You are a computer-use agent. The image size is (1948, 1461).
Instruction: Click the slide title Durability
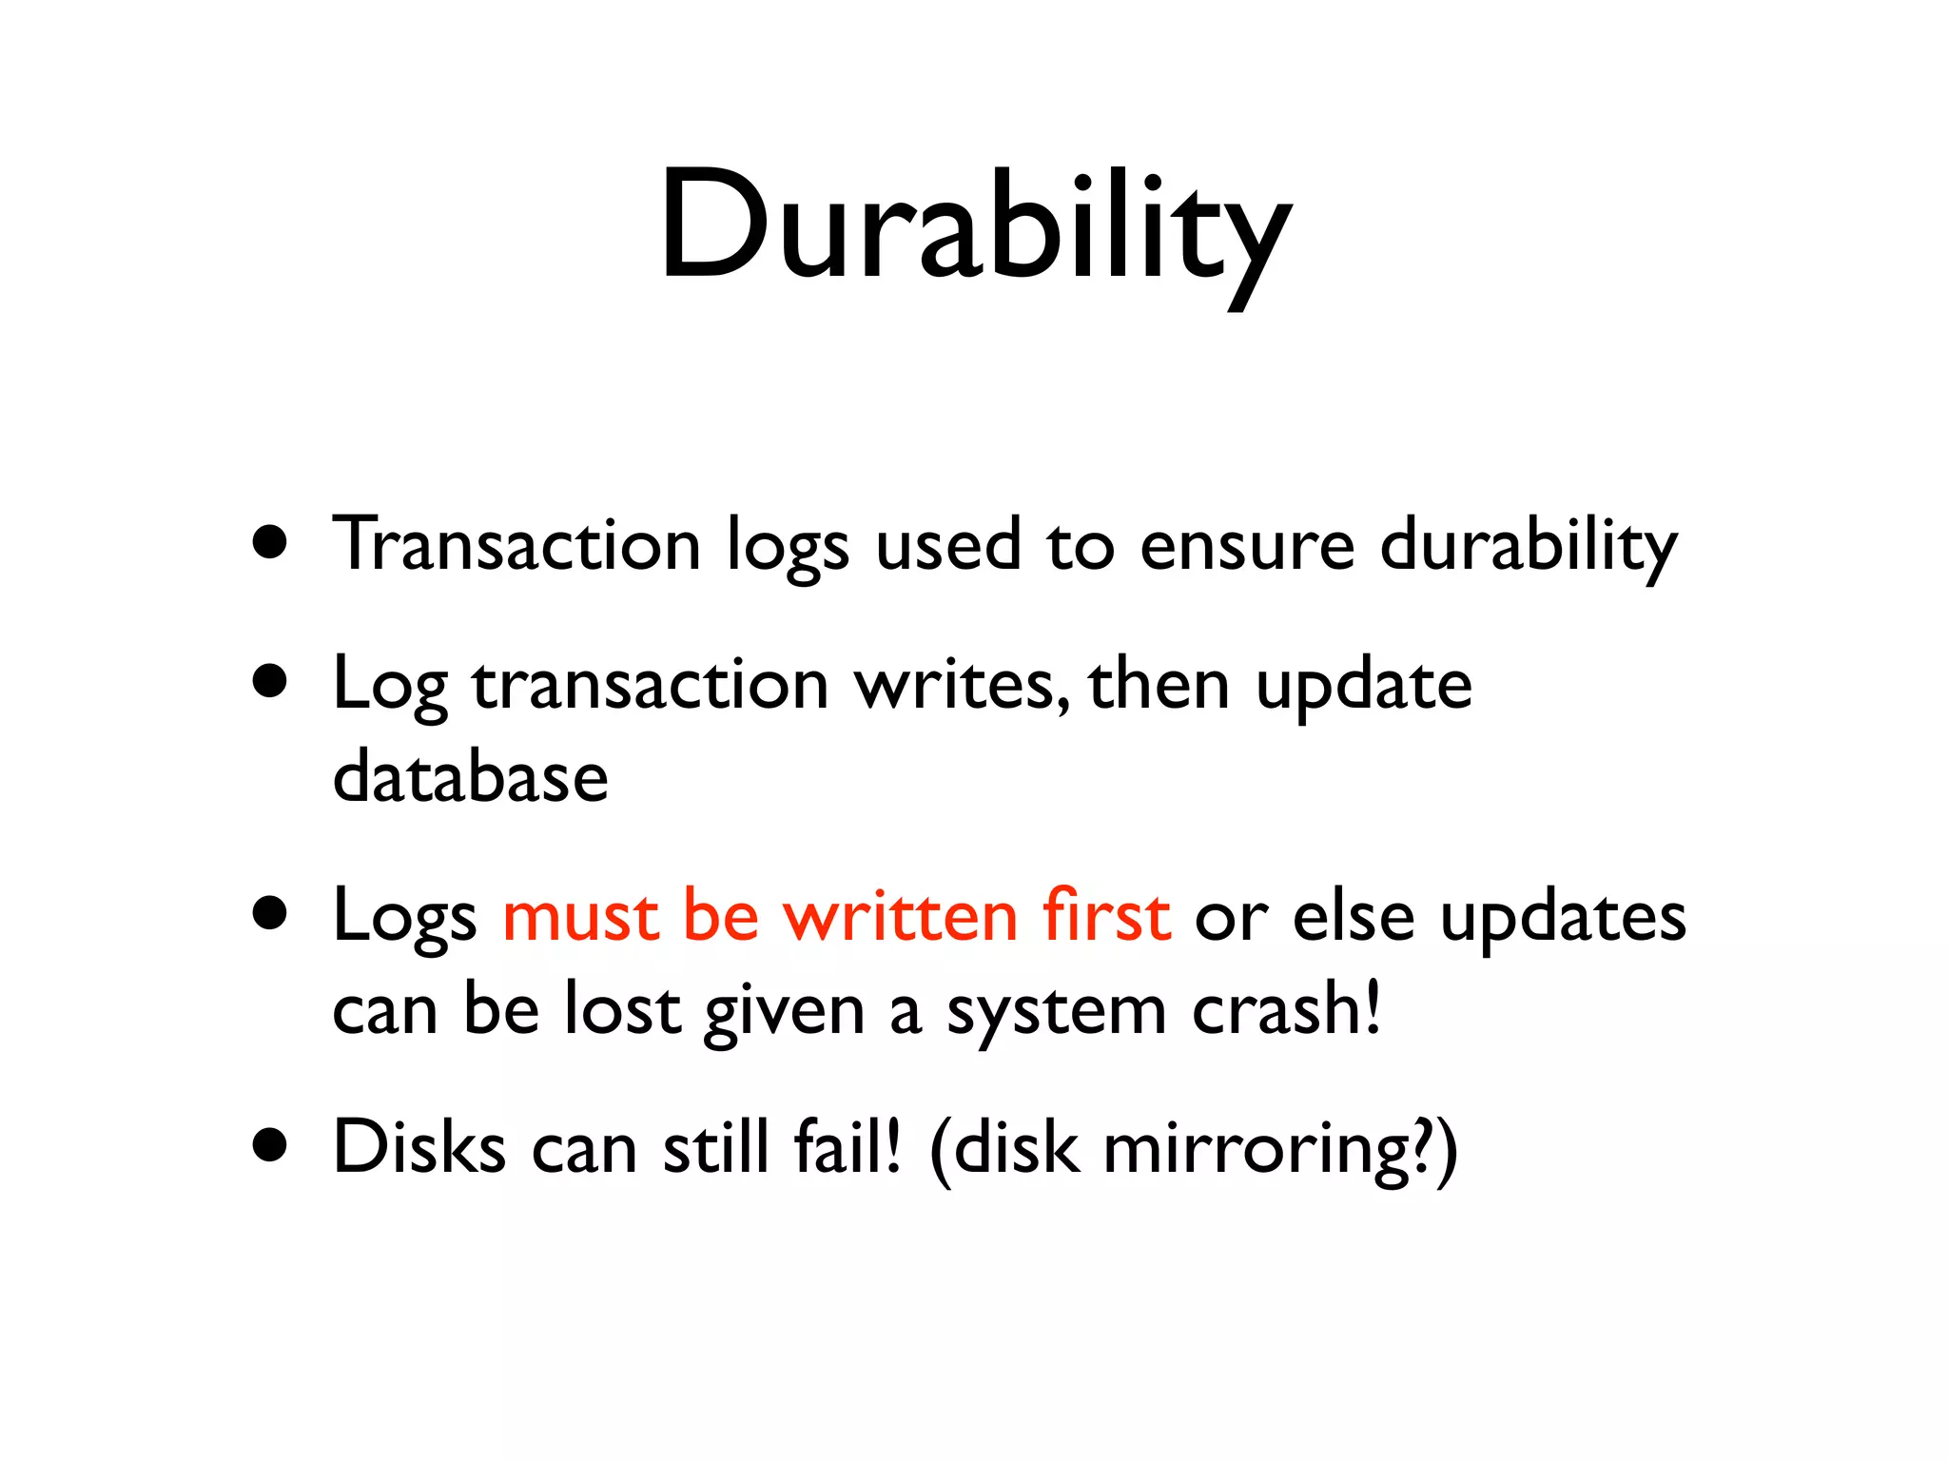(975, 228)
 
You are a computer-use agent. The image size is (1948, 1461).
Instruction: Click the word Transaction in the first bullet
(516, 544)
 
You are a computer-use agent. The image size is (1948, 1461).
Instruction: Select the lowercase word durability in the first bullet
(1529, 544)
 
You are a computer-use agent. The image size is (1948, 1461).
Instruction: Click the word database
(470, 776)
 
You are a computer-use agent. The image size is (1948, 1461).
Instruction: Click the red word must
(580, 916)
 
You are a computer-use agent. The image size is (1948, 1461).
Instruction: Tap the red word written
(900, 916)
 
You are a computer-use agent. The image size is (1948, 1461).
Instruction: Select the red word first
(1106, 914)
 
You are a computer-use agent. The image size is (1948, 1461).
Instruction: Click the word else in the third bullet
(1354, 916)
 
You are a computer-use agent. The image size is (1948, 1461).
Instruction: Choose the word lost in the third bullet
(622, 1008)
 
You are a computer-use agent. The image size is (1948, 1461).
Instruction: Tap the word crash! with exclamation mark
(1286, 1008)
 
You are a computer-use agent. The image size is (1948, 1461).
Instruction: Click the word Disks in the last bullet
(419, 1147)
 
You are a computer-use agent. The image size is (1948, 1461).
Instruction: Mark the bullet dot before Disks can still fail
(270, 1146)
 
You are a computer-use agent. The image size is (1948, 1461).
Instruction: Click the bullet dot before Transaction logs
(270, 542)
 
